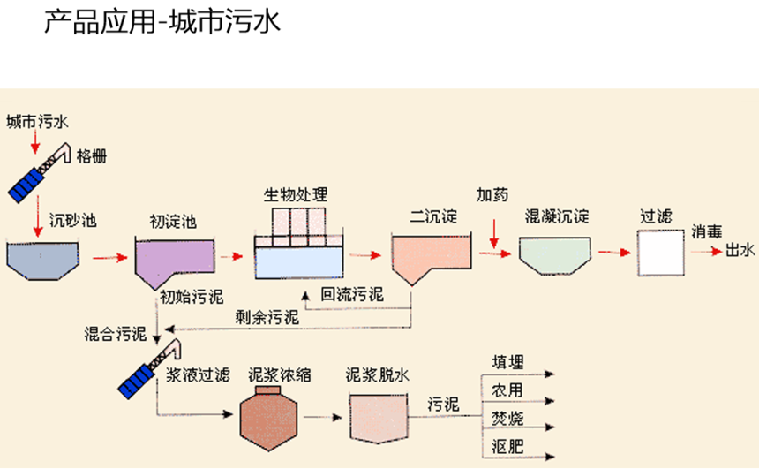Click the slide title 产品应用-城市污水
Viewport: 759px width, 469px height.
coord(162,22)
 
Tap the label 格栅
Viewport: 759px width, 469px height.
coord(92,156)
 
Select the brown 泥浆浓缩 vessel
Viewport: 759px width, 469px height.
coord(270,416)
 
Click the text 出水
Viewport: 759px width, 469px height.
coord(740,252)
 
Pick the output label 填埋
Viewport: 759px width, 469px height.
coord(507,362)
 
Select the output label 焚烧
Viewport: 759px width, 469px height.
coord(507,418)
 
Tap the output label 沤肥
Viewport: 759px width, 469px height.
coord(507,446)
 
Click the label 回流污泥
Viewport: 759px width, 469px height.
coord(352,294)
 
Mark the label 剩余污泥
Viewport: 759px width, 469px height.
coord(266,315)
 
